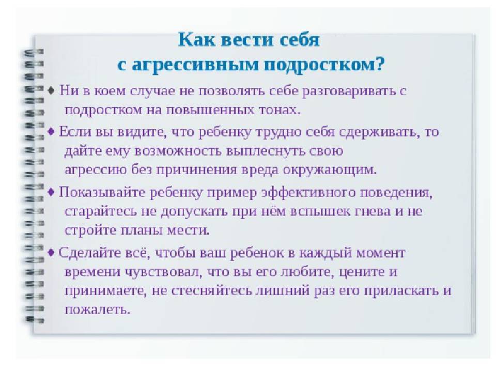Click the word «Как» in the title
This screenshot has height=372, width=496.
pyautogui.click(x=196, y=40)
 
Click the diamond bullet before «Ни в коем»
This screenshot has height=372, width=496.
pyautogui.click(x=51, y=90)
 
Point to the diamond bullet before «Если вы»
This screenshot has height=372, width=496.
pyautogui.click(x=51, y=131)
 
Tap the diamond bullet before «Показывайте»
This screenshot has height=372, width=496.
pyautogui.click(x=51, y=192)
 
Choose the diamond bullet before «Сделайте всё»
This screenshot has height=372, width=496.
pyautogui.click(x=51, y=253)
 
